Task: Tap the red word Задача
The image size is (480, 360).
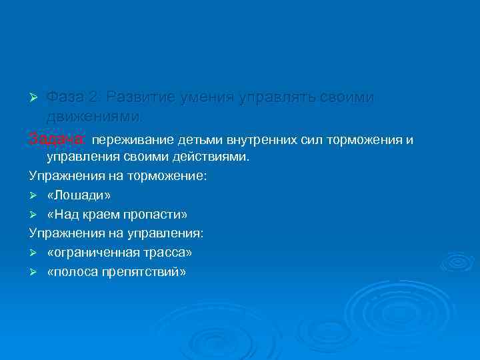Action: pyautogui.click(x=57, y=139)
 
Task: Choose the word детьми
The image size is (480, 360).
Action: pyautogui.click(x=201, y=140)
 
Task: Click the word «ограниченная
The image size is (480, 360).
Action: pyautogui.click(x=93, y=253)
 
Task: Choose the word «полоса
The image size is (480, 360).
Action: pyautogui.click(x=74, y=272)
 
